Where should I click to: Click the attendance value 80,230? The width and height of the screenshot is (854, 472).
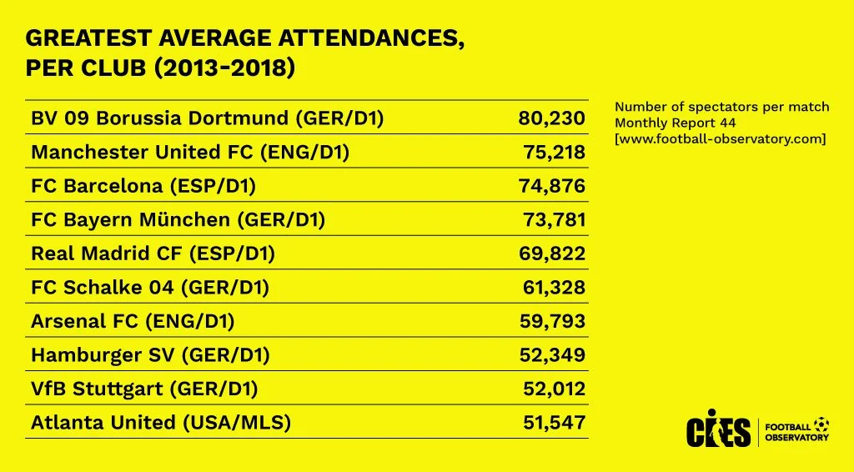pos(551,118)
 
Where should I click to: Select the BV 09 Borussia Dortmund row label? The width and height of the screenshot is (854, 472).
pos(207,118)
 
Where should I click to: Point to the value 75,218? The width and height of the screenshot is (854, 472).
pos(552,153)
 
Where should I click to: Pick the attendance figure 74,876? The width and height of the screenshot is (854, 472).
pos(552,186)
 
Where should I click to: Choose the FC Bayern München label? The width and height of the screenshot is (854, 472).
pos(178,220)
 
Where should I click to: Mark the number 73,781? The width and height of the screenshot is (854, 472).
pos(552,220)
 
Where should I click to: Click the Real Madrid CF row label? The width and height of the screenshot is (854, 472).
pos(153,254)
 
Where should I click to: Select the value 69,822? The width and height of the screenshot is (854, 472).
pos(552,254)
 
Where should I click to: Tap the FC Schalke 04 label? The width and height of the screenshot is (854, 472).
pos(150,288)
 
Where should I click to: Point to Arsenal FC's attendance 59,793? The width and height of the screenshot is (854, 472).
pos(552,321)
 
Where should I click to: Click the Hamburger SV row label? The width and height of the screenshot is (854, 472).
pos(150,355)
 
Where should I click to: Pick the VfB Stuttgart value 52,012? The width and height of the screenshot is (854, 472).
pos(552,389)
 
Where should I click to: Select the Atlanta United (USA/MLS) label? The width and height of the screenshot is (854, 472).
pos(161,423)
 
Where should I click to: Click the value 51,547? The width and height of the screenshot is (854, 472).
pos(554,423)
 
